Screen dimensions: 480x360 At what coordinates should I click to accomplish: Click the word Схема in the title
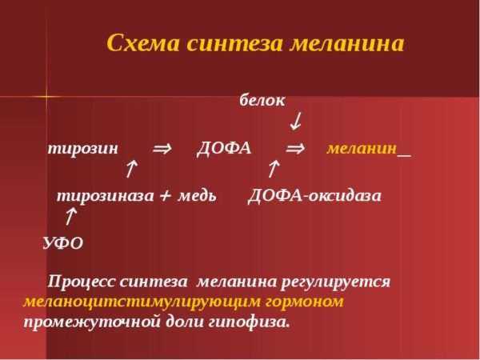(142, 43)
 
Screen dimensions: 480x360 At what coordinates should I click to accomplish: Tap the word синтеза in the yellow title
(234, 43)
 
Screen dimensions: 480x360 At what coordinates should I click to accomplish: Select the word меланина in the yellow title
(347, 44)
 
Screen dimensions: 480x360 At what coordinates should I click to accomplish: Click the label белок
(262, 101)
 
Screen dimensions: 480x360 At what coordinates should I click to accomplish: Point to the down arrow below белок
(296, 122)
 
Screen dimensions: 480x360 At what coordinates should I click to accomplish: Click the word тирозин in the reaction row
(83, 149)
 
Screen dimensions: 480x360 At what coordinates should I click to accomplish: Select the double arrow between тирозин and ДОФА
(162, 149)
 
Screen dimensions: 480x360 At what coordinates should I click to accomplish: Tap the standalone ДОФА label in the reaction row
(224, 149)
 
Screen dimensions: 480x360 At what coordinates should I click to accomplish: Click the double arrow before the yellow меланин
(295, 149)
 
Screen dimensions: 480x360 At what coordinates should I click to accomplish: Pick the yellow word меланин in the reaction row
(362, 149)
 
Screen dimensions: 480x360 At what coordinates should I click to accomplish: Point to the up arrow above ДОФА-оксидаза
(274, 168)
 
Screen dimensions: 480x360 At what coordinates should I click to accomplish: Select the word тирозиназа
(106, 196)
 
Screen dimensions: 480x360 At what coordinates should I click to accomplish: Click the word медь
(197, 196)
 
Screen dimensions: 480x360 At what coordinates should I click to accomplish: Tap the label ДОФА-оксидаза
(314, 196)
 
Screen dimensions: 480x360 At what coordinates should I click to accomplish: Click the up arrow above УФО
(70, 216)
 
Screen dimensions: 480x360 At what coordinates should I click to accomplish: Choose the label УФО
(63, 243)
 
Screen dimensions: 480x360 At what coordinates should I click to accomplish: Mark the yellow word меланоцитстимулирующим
(142, 302)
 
